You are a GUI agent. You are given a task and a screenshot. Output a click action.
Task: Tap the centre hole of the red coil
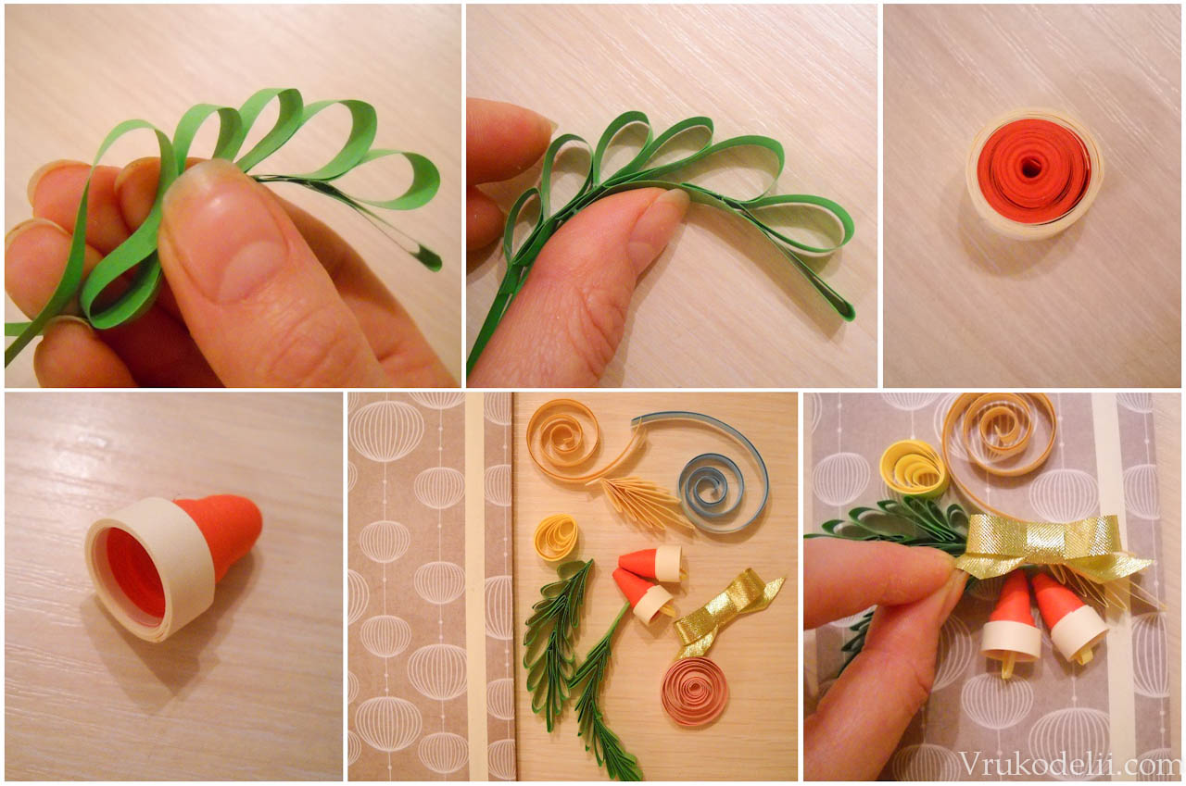pyautogui.click(x=1029, y=169)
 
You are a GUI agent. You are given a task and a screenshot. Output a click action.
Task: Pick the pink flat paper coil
pyautogui.click(x=694, y=691)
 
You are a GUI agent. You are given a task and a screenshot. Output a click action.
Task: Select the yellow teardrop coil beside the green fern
pyautogui.click(x=556, y=537)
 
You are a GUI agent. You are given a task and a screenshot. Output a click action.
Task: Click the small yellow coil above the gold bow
pyautogui.click(x=914, y=469)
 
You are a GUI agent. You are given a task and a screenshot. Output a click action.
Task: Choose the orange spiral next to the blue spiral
pyautogui.click(x=566, y=442)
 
